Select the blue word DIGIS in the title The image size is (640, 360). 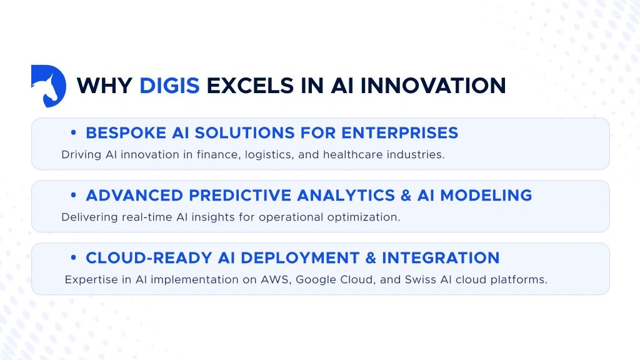[169, 86]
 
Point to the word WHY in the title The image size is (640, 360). [104, 86]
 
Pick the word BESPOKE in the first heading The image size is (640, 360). [122, 133]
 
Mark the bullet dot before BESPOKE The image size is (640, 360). [74, 133]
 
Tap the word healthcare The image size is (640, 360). [352, 154]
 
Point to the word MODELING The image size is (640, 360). [486, 196]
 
